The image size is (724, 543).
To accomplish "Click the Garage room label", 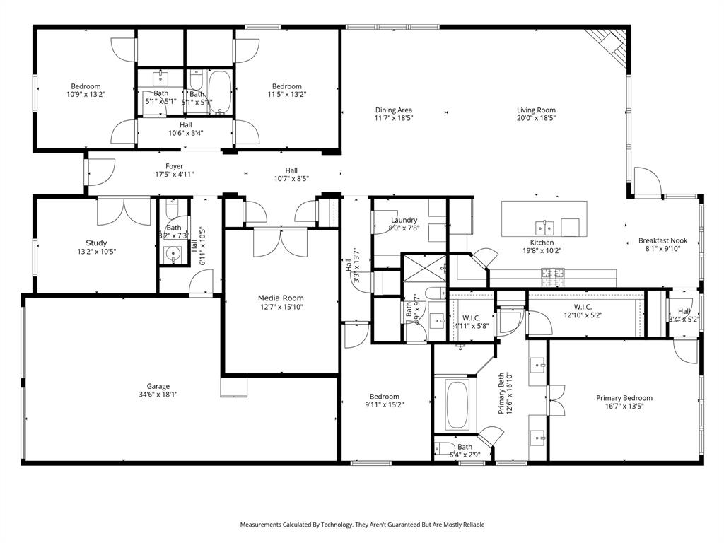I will pos(158,386).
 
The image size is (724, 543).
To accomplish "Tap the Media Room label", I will pos(281,298).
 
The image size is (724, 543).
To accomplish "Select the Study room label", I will pos(96,243).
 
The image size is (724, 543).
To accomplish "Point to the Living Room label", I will pos(536,110).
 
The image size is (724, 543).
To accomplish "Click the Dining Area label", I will pos(394,110).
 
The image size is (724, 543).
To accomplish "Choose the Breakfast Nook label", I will pos(662,240).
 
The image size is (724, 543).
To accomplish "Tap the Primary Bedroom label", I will pos(624,398).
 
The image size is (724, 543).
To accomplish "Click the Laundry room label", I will pos(404,220).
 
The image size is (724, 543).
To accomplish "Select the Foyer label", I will pos(174,166).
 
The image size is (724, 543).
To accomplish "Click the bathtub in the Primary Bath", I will pos(457,404).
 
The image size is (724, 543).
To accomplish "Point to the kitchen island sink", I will pos(544,227).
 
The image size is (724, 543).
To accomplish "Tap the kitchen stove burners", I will pos(552,274).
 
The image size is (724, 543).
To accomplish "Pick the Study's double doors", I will pos(124,211).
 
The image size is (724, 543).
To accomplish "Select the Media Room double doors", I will pos(281,243).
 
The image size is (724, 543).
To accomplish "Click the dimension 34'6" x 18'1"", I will pos(158,395).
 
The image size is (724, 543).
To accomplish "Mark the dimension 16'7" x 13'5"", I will pos(624,407).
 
